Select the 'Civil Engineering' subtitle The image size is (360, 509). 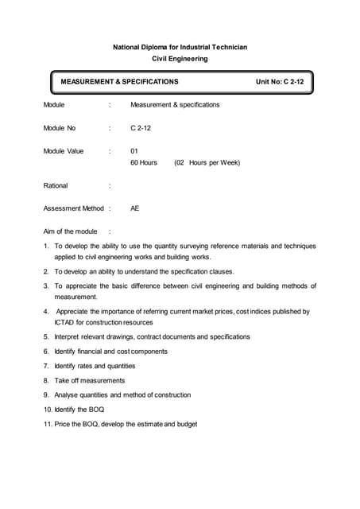point(180,58)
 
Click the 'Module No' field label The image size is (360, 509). point(60,127)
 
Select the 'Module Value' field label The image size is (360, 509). point(64,150)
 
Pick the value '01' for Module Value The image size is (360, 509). point(134,150)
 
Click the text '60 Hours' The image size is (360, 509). point(144,162)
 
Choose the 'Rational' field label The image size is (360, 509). point(56,185)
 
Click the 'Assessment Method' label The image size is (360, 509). point(74,208)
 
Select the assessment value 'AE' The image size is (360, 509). point(135,208)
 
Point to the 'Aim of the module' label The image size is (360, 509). point(71,231)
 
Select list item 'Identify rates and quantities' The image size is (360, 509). point(95,366)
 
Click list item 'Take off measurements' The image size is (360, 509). point(90,380)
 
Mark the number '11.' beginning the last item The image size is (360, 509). point(48,424)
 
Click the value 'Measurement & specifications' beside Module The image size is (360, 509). point(175,104)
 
